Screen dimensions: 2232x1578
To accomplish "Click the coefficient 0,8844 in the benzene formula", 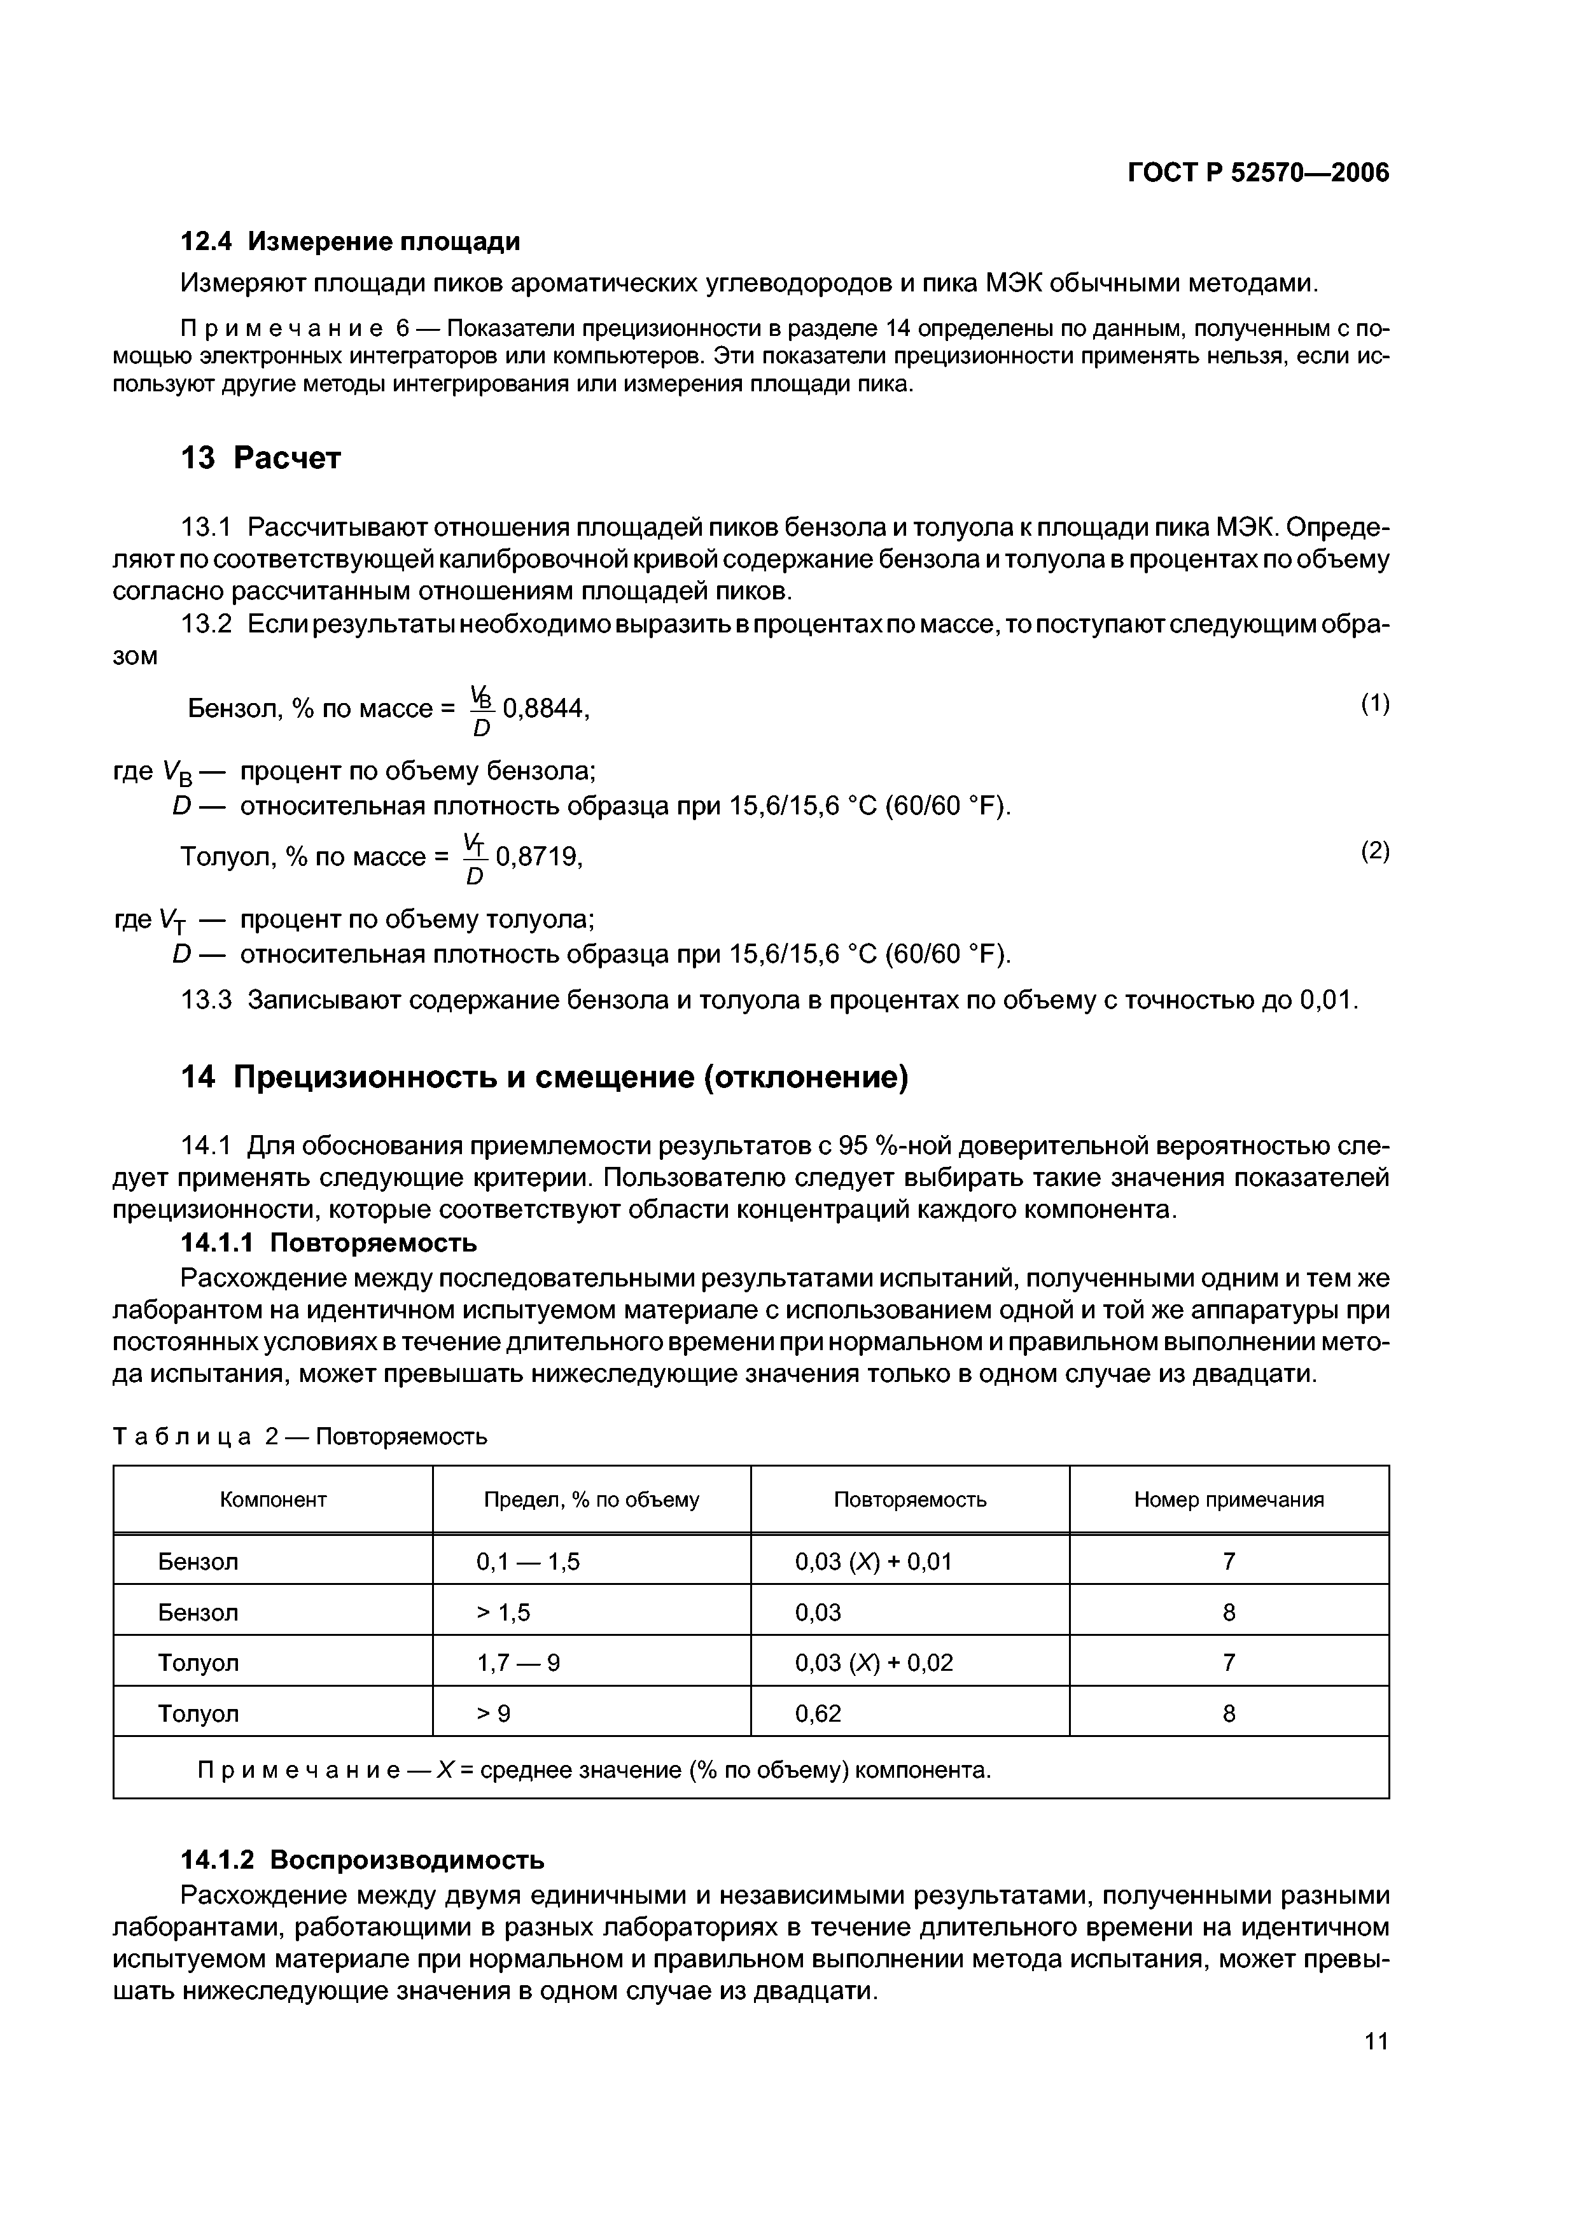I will (545, 709).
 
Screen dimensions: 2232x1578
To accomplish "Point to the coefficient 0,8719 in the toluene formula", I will (538, 856).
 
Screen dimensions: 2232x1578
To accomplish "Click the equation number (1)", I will (1374, 703).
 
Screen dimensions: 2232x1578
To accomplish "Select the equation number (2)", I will (1374, 851).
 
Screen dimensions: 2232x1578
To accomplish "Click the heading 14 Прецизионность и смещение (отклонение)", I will (545, 1077).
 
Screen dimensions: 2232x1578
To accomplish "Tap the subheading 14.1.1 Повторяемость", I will (328, 1243).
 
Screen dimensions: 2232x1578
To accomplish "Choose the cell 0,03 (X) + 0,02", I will (873, 1663).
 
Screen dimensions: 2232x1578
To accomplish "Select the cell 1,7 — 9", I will (517, 1663).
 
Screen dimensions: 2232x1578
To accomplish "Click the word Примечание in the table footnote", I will (298, 1770).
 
